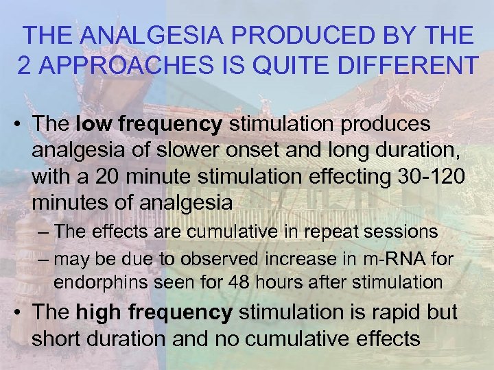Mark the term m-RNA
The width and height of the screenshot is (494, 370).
(x=373, y=259)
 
